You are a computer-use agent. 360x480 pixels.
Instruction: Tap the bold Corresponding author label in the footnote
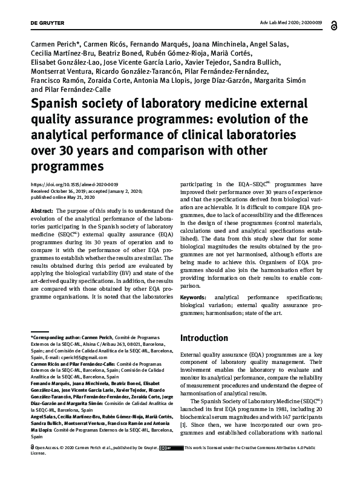56,336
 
